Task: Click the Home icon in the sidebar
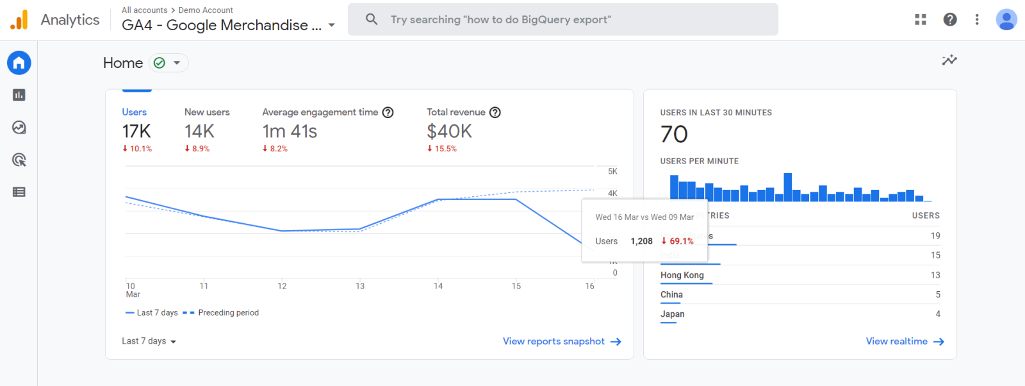click(19, 63)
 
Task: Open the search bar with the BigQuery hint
click(562, 19)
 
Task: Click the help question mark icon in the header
click(950, 19)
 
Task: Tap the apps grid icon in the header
click(921, 19)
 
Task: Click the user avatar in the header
click(1006, 19)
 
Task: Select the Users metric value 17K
click(136, 131)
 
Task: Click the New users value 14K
click(199, 131)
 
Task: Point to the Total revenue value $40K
click(449, 131)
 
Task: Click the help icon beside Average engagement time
click(388, 112)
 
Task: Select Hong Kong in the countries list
click(682, 275)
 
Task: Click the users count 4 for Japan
click(937, 314)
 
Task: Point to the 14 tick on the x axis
click(438, 286)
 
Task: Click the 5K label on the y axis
click(612, 171)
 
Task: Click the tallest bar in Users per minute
click(788, 187)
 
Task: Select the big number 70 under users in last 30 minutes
click(674, 134)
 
